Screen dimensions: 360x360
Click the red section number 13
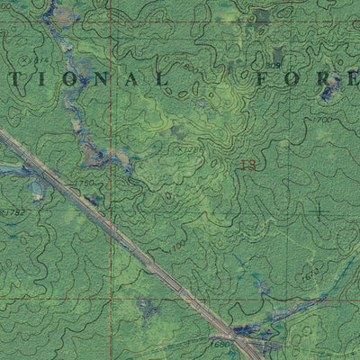249,165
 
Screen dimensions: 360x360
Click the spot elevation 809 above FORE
274,66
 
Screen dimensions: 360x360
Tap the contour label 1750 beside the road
84,184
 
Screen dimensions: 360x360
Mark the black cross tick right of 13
319,211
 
